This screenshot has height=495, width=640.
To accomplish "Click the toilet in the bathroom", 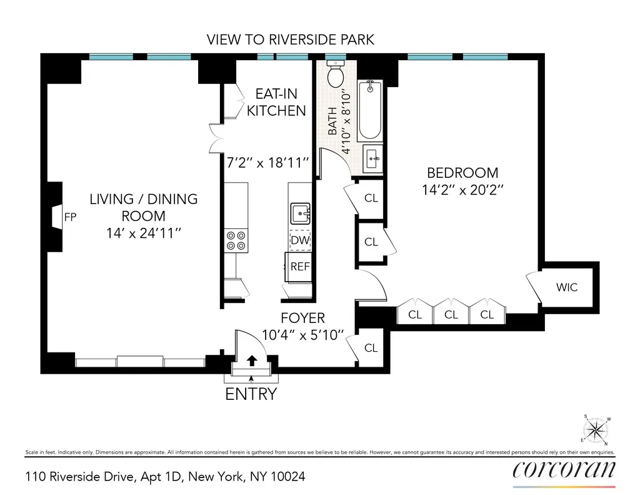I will click(336, 74).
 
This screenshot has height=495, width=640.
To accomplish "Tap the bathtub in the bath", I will click(369, 111).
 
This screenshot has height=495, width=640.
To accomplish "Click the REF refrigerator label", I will click(300, 266).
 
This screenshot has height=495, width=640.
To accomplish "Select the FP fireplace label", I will click(70, 217).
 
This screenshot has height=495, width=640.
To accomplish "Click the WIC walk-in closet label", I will click(567, 288).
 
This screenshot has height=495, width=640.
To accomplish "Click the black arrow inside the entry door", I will click(252, 361).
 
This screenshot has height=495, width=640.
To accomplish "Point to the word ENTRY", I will click(251, 394).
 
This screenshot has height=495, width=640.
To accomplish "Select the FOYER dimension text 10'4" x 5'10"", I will click(302, 335).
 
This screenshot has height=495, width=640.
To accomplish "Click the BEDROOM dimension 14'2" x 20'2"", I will click(462, 191).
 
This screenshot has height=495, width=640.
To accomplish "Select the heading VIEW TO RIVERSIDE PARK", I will click(291, 40).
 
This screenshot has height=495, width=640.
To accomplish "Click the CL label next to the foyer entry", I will click(371, 348).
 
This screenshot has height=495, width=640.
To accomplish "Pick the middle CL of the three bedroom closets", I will click(451, 315).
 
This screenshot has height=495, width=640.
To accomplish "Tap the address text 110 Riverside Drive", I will click(165, 477).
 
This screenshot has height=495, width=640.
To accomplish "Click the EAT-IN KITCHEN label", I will click(276, 103).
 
